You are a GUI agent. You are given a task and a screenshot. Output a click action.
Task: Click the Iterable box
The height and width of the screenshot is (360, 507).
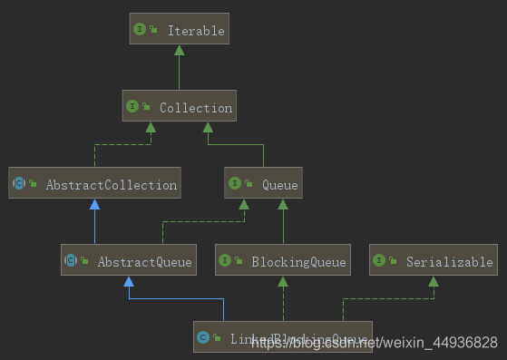click(179, 30)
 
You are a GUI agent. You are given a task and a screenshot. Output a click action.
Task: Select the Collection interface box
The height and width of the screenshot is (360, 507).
click(179, 107)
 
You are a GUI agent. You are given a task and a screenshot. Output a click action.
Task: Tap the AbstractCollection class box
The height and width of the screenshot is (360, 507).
click(94, 184)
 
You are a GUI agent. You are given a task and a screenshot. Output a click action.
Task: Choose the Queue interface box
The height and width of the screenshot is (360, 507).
click(262, 184)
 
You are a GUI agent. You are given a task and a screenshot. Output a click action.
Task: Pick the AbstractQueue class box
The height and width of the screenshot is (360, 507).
click(128, 262)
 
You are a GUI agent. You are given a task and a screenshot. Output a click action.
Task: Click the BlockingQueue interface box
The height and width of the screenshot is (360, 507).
click(283, 262)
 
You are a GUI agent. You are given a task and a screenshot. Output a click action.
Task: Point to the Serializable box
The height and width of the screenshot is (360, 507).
click(434, 262)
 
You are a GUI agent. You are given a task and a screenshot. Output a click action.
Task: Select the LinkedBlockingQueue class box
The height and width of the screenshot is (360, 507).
click(283, 338)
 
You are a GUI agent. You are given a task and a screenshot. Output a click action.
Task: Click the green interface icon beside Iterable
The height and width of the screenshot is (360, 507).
click(140, 30)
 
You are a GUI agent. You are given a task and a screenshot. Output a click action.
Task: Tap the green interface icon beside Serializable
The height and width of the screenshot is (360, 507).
click(379, 262)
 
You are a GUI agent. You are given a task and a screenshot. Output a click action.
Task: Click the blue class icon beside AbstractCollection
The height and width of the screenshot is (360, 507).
click(19, 184)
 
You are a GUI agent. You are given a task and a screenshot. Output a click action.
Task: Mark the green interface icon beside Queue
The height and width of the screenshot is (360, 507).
click(234, 184)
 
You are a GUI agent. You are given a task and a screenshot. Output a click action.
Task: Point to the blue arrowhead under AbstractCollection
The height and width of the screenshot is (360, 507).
click(94, 205)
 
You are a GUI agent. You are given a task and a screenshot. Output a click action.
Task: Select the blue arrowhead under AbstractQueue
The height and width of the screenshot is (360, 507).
click(128, 282)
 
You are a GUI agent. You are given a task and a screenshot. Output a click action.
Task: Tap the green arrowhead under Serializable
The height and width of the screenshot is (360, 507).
click(434, 282)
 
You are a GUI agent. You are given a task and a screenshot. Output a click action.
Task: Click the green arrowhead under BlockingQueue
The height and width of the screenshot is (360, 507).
click(283, 282)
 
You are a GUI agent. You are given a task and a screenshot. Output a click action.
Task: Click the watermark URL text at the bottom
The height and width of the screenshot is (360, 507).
click(374, 343)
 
